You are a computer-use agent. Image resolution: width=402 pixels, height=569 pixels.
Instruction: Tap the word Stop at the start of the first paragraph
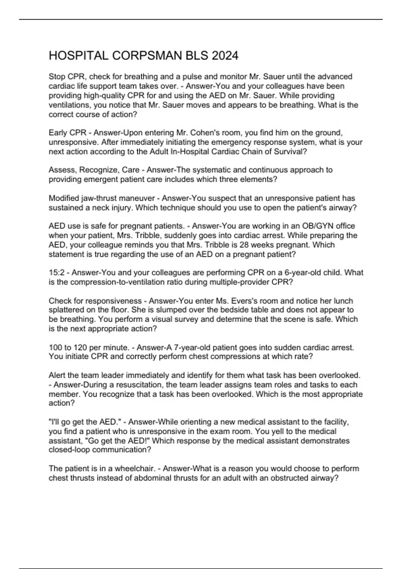[x=57, y=77]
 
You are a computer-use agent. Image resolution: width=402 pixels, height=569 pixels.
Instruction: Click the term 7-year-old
[x=193, y=347]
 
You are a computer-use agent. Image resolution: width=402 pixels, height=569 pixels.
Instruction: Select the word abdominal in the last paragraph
[x=151, y=478]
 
